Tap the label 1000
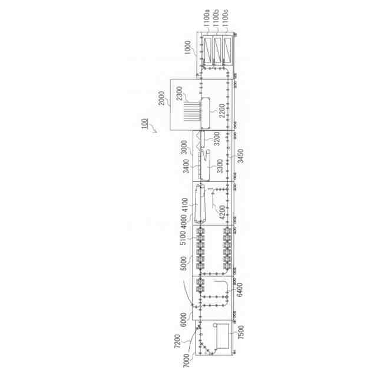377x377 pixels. click(187, 48)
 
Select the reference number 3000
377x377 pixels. click(184, 147)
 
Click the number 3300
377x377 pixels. click(220, 166)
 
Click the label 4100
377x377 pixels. click(184, 206)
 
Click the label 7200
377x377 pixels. click(177, 340)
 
